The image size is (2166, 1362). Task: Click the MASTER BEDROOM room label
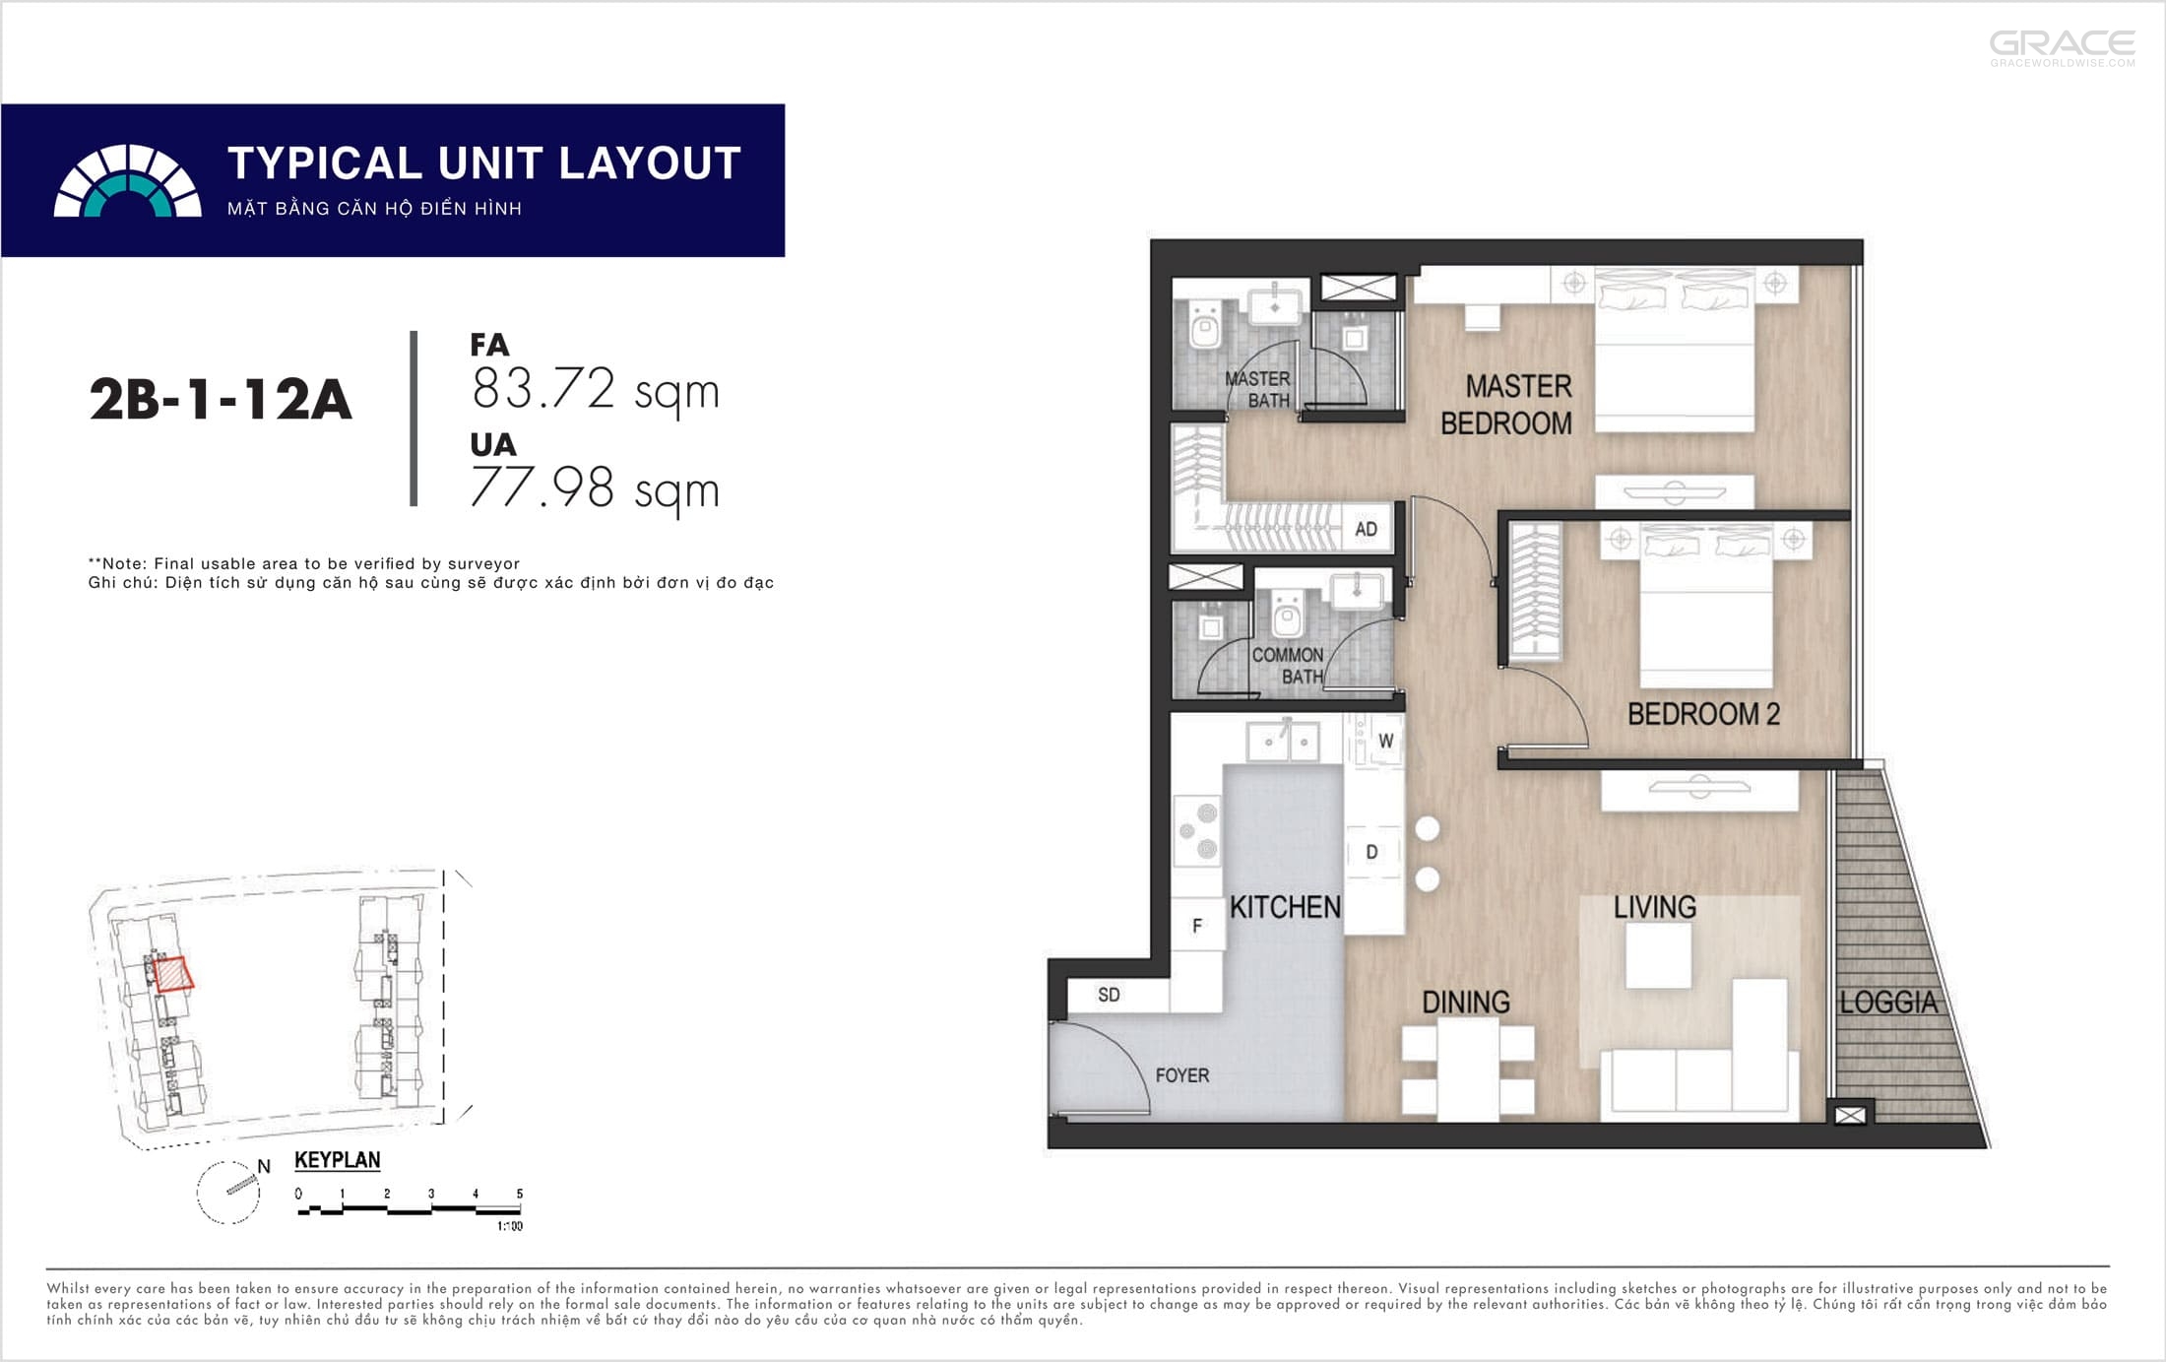point(1506,405)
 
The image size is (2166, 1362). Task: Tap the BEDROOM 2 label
point(1703,714)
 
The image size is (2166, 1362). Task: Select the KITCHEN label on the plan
point(1285,907)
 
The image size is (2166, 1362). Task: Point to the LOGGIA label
point(1888,1003)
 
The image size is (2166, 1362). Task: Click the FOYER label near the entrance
point(1181,1075)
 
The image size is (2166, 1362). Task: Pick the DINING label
point(1466,1003)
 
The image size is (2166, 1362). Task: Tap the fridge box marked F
point(1197,926)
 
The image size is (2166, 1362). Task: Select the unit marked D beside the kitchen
point(1372,852)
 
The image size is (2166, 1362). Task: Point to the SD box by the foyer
point(1109,995)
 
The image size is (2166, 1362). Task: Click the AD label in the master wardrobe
point(1366,529)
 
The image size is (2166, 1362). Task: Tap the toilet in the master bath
point(1204,326)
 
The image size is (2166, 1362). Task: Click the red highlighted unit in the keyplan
point(173,974)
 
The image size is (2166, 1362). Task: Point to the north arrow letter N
point(264,1166)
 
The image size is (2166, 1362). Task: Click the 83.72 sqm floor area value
point(596,390)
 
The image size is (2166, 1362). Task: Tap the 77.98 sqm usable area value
point(596,488)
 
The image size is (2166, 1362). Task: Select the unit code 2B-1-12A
point(221,400)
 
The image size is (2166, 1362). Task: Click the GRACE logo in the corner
point(2063,48)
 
